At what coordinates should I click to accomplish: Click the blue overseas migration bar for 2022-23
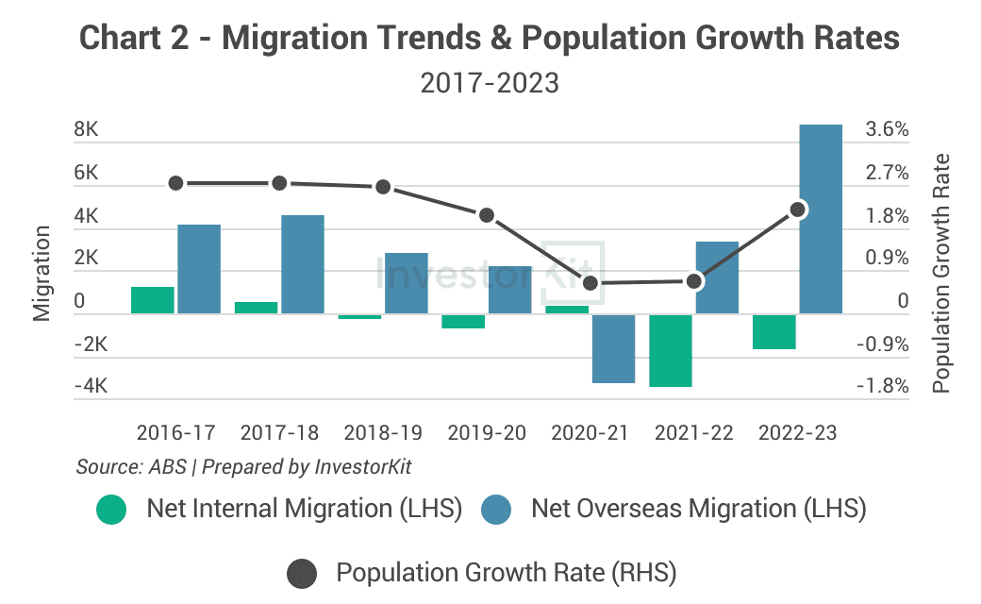pyautogui.click(x=821, y=219)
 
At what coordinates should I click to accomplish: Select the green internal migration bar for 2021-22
pyautogui.click(x=671, y=350)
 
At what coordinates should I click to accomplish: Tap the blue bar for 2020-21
pyautogui.click(x=614, y=348)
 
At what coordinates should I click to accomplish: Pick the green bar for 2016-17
pyautogui.click(x=153, y=300)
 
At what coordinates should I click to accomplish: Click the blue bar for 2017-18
pyautogui.click(x=303, y=264)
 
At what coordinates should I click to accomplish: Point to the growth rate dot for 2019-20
pyautogui.click(x=487, y=215)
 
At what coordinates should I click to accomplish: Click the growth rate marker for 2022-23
pyautogui.click(x=798, y=210)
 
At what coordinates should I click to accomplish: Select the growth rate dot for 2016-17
pyautogui.click(x=175, y=183)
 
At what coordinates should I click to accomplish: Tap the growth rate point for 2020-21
pyautogui.click(x=590, y=283)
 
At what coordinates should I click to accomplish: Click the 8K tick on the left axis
pyautogui.click(x=86, y=129)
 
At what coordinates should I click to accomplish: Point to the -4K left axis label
pyautogui.click(x=91, y=386)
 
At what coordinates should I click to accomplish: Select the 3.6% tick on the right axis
pyautogui.click(x=887, y=129)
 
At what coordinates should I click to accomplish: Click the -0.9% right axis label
pyautogui.click(x=882, y=344)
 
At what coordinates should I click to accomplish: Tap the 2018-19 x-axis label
pyautogui.click(x=383, y=432)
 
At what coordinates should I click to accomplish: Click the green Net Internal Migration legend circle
pyautogui.click(x=111, y=510)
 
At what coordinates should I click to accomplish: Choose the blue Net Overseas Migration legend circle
pyautogui.click(x=496, y=510)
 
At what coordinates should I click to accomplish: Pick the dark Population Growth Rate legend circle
pyautogui.click(x=302, y=574)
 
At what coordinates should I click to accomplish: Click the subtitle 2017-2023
pyautogui.click(x=490, y=83)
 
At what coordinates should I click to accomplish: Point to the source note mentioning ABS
pyautogui.click(x=244, y=467)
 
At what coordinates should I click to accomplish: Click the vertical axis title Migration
pyautogui.click(x=42, y=274)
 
